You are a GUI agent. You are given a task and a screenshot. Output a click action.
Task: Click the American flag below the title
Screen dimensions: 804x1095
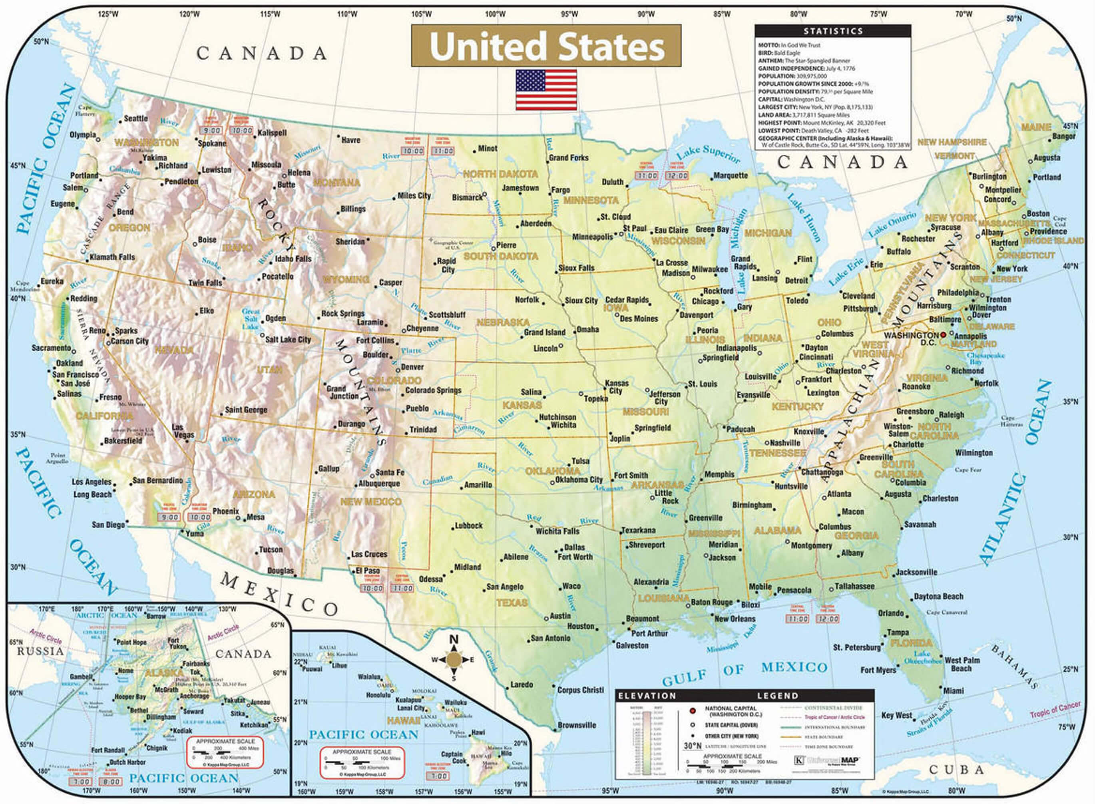546,90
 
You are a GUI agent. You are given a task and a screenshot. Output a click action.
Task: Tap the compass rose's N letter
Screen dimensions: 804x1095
454,639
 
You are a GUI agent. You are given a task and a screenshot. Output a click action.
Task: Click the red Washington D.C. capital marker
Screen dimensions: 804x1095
943,335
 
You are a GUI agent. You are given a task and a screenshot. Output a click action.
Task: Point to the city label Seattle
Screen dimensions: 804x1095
136,118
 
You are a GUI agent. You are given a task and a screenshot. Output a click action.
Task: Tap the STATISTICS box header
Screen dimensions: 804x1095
833,31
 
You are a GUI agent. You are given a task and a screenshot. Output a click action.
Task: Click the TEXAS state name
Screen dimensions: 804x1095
512,603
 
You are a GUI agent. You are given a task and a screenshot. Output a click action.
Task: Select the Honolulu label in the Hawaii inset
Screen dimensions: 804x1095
378,695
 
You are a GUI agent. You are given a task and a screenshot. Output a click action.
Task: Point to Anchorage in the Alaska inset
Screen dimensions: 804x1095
194,696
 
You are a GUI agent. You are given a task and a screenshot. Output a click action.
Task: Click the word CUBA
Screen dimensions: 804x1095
956,770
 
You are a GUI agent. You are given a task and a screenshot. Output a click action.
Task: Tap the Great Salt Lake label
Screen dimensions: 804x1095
251,319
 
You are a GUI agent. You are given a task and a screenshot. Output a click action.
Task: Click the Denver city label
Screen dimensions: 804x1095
412,367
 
